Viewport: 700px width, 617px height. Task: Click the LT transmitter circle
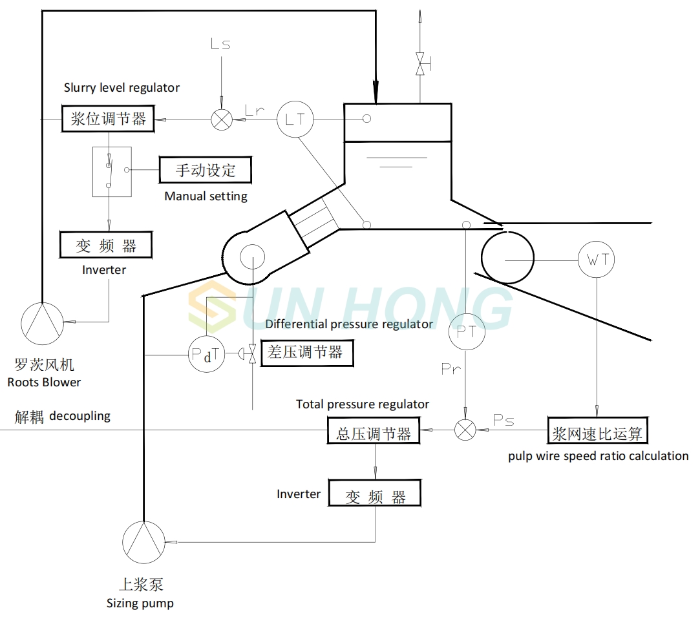pos(295,120)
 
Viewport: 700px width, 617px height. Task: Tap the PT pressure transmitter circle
pos(467,331)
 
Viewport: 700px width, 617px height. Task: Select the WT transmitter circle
pos(596,260)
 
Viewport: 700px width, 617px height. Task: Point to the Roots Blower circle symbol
pos(42,322)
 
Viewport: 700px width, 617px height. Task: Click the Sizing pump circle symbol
pos(143,541)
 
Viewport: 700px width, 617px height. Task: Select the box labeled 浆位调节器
pos(108,119)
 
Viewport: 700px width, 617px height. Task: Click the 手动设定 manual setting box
pos(206,171)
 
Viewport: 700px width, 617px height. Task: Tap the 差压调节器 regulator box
pos(306,353)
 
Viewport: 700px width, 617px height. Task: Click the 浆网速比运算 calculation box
pos(597,430)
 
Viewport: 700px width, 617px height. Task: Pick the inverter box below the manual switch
pos(106,246)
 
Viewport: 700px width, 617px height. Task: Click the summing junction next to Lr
pos(222,120)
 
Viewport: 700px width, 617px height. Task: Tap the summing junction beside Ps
pos(465,430)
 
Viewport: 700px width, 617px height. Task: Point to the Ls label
pos(220,45)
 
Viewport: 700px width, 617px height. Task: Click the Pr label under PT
pos(451,369)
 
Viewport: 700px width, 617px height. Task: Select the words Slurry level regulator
pos(122,87)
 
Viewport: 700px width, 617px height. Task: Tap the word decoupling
pos(80,416)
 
